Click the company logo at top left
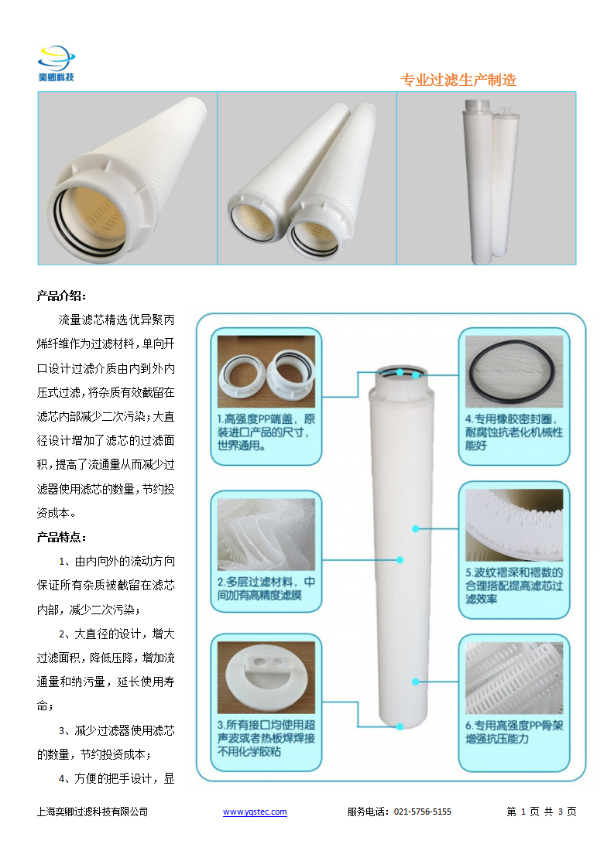(x=56, y=63)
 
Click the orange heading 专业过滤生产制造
(x=458, y=80)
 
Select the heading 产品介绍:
(x=61, y=296)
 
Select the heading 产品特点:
(x=61, y=537)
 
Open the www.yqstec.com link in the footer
(x=255, y=812)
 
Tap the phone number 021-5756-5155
(x=423, y=812)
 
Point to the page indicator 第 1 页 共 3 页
(x=541, y=812)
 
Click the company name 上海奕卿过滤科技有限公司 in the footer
(x=93, y=812)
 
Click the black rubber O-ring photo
(x=513, y=371)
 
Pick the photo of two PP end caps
(x=266, y=371)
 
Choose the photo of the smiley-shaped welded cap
(x=266, y=678)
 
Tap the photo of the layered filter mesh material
(x=266, y=535)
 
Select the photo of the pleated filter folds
(x=513, y=525)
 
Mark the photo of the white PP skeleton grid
(x=513, y=678)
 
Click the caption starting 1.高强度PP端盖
(x=266, y=432)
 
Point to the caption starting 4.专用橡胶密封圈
(x=513, y=432)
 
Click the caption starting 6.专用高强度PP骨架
(x=513, y=732)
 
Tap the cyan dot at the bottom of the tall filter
(x=400, y=726)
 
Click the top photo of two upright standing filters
(x=486, y=178)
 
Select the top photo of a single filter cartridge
(x=128, y=178)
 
